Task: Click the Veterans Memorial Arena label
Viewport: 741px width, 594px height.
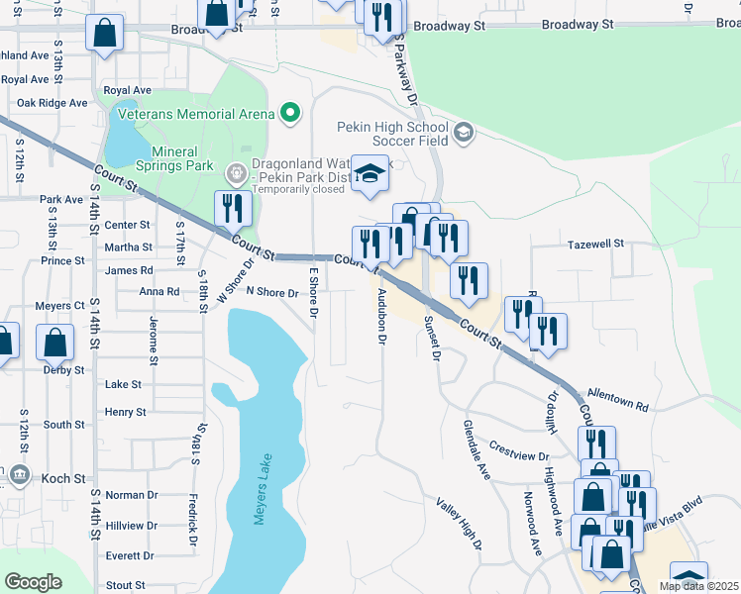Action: pyautogui.click(x=195, y=114)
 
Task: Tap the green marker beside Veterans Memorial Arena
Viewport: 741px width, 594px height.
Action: pyautogui.click(x=290, y=114)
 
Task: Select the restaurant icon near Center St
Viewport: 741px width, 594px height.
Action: pyautogui.click(x=233, y=207)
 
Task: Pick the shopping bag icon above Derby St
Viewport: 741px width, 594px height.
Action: pyautogui.click(x=56, y=343)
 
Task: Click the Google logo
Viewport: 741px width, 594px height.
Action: pyautogui.click(x=33, y=582)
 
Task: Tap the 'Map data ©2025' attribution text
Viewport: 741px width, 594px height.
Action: pyautogui.click(x=698, y=586)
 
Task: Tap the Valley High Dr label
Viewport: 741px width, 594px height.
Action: pyautogui.click(x=459, y=524)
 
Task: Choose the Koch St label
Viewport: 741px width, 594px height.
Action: pyautogui.click(x=64, y=478)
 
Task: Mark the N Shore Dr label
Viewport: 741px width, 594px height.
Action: pyautogui.click(x=272, y=292)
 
